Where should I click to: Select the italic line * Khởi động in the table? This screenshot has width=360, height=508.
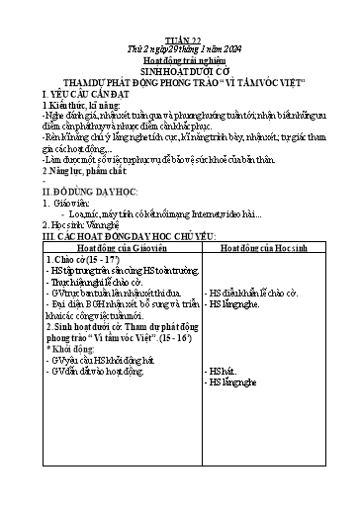pos(78,377)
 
